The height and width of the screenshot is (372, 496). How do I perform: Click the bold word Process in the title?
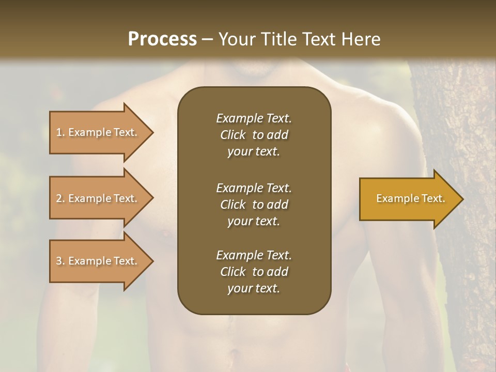click(x=162, y=39)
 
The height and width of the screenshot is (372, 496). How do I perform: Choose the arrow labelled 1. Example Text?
click(x=98, y=132)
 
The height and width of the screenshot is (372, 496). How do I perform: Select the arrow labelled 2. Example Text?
click(x=98, y=198)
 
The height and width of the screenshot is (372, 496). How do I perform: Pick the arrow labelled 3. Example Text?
click(x=98, y=261)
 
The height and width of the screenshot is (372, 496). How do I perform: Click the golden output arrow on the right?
click(x=408, y=199)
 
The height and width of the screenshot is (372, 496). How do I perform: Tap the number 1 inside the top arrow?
click(x=58, y=132)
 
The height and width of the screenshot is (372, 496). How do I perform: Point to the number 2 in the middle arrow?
click(x=59, y=198)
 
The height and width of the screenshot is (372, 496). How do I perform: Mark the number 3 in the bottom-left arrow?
click(x=59, y=261)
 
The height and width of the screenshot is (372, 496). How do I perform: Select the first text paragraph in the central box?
click(x=254, y=135)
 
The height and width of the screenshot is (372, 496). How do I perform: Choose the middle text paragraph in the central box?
click(x=254, y=204)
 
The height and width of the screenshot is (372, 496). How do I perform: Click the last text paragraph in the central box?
click(x=254, y=272)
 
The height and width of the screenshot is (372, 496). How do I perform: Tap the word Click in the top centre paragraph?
click(x=233, y=135)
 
